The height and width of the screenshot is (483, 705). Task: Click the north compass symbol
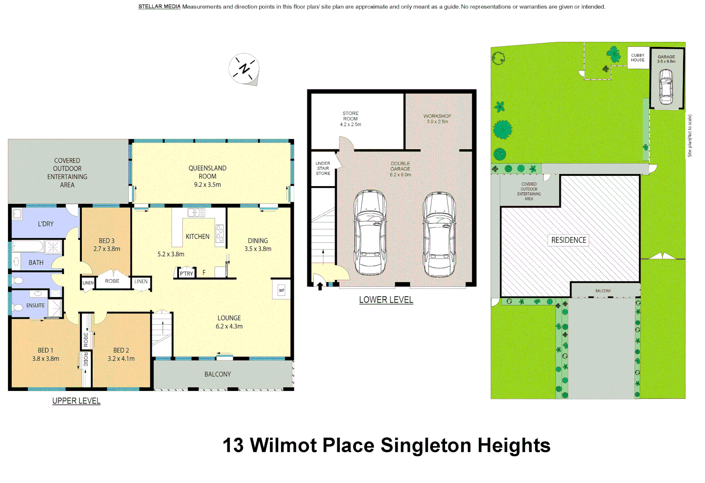click(x=244, y=69)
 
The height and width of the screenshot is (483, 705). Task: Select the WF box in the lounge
click(x=282, y=290)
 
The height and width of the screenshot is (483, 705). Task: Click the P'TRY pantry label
click(x=186, y=273)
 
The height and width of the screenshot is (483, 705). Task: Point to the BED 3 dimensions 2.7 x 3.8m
click(x=107, y=249)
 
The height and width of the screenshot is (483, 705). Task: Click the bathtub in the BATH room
click(x=28, y=246)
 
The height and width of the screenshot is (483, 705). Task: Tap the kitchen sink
click(x=196, y=212)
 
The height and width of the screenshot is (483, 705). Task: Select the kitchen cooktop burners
click(x=220, y=233)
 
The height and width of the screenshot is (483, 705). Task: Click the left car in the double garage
click(x=370, y=232)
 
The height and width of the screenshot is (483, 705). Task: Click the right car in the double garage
click(x=439, y=234)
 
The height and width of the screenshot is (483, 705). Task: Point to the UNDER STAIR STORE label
click(x=323, y=169)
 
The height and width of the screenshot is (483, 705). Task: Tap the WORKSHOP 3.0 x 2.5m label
click(x=437, y=119)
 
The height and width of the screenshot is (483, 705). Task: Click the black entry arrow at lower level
click(x=320, y=286)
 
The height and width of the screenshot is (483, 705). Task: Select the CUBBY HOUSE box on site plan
click(x=637, y=58)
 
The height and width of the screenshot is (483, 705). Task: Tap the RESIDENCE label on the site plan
click(x=568, y=240)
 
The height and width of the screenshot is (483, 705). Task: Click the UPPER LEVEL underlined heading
click(x=76, y=401)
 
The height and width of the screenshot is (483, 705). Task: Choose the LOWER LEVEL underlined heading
click(x=386, y=300)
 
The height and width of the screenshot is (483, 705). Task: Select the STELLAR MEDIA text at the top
click(x=159, y=7)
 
